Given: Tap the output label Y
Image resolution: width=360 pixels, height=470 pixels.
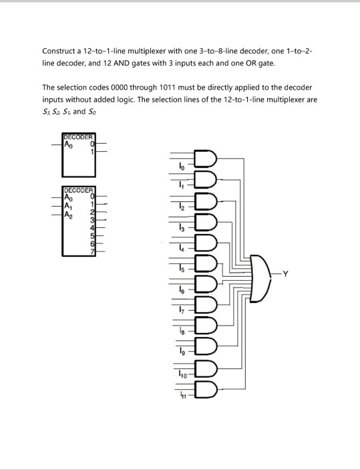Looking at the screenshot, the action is click(x=285, y=273).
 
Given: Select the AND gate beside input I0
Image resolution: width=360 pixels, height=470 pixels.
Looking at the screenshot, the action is click(x=206, y=158).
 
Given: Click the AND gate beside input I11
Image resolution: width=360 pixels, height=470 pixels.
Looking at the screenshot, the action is click(x=206, y=389).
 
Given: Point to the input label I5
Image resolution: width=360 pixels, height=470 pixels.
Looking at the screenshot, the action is click(x=182, y=269).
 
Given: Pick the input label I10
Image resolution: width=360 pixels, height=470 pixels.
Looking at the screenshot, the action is click(x=182, y=374).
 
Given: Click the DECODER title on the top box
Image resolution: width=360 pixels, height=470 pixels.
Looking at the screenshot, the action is click(x=78, y=137).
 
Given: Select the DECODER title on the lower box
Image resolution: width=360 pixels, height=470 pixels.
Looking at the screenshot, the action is click(x=79, y=191).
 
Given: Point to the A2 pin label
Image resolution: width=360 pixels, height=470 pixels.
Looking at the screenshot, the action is click(x=68, y=215).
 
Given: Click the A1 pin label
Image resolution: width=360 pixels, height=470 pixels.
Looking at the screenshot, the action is click(x=68, y=206).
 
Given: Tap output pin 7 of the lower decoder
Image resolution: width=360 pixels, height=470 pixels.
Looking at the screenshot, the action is click(x=93, y=252).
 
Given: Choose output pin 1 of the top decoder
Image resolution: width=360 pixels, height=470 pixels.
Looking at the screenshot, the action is click(x=93, y=152).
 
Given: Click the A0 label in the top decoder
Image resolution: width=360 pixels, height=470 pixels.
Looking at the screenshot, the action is click(x=68, y=145).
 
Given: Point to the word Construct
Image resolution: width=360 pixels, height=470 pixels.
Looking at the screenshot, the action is click(x=59, y=51).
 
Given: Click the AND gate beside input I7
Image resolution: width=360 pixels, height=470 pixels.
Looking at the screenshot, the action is click(x=206, y=305).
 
